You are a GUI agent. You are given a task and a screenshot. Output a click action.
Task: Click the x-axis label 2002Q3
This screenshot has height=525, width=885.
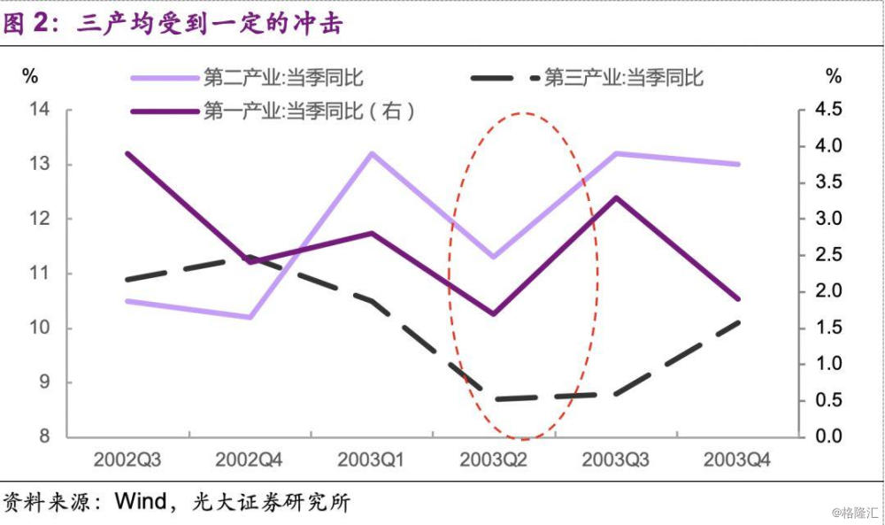tap(127, 461)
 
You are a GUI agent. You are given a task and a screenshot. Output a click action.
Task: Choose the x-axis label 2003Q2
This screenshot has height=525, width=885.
tap(493, 461)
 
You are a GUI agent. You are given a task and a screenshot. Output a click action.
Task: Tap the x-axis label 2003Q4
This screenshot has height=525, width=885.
tap(736, 461)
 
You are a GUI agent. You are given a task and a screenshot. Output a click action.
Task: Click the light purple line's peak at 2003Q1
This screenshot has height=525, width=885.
tap(372, 153)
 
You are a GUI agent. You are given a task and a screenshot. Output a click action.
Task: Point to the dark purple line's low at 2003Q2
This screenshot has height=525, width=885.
tap(493, 313)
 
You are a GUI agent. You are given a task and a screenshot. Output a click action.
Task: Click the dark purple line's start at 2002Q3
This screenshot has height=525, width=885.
tap(127, 153)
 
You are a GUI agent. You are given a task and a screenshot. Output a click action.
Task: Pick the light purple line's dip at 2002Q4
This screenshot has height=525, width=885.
tap(250, 317)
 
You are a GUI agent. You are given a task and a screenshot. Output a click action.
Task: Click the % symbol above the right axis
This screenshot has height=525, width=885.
tap(833, 77)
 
